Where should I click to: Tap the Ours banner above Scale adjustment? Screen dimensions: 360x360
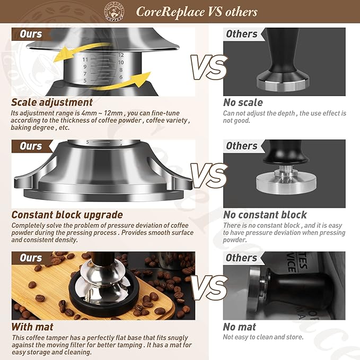tap(31, 34)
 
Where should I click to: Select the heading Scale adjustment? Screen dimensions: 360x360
tap(52, 102)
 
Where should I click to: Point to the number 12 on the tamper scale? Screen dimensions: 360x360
tap(120, 55)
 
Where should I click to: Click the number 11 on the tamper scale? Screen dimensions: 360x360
tap(85, 60)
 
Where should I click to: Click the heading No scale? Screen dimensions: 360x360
tap(243, 102)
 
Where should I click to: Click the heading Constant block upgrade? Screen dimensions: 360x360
tap(67, 215)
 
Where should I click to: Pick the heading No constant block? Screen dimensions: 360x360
tap(265, 215)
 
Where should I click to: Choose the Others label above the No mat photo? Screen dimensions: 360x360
tap(241, 258)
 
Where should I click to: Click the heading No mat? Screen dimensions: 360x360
tap(240, 327)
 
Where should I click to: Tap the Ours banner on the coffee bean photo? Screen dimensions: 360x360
tap(31, 258)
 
